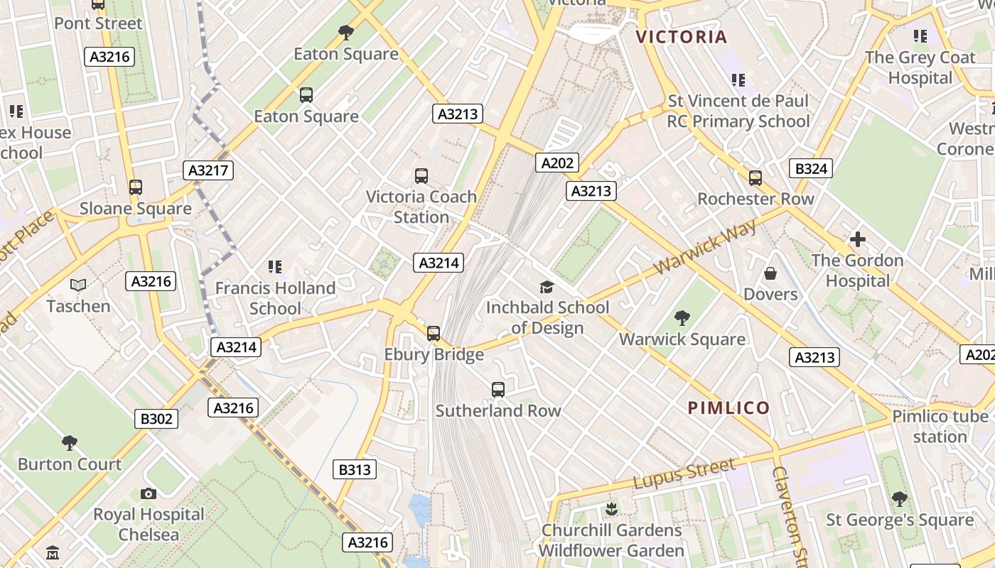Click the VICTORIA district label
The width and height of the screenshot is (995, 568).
tap(681, 37)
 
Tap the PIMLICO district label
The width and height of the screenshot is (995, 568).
tap(728, 408)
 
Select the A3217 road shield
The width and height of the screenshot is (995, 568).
tap(208, 170)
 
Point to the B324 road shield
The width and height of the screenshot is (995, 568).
tap(810, 168)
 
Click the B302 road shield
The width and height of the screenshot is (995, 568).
tap(156, 419)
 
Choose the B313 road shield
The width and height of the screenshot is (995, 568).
tap(354, 469)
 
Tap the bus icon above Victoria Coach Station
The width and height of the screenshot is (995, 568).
tap(421, 176)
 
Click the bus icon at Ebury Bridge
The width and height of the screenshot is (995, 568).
tap(434, 333)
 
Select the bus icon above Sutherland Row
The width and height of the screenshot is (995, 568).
tap(498, 389)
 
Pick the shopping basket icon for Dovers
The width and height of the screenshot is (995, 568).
tap(770, 273)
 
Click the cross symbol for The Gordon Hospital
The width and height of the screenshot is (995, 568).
tap(858, 239)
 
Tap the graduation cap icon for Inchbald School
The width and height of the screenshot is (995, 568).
tap(547, 287)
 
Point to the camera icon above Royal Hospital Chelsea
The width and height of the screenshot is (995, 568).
tap(148, 493)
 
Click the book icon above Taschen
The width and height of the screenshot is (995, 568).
tap(78, 285)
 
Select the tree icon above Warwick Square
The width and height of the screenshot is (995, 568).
tap(682, 317)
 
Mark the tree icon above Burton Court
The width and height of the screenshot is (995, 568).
tap(70, 443)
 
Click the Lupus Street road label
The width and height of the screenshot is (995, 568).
tap(684, 474)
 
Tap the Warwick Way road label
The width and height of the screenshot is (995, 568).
tap(705, 247)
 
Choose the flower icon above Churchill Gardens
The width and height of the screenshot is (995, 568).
tap(611, 508)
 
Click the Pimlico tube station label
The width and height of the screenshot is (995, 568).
tap(940, 426)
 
